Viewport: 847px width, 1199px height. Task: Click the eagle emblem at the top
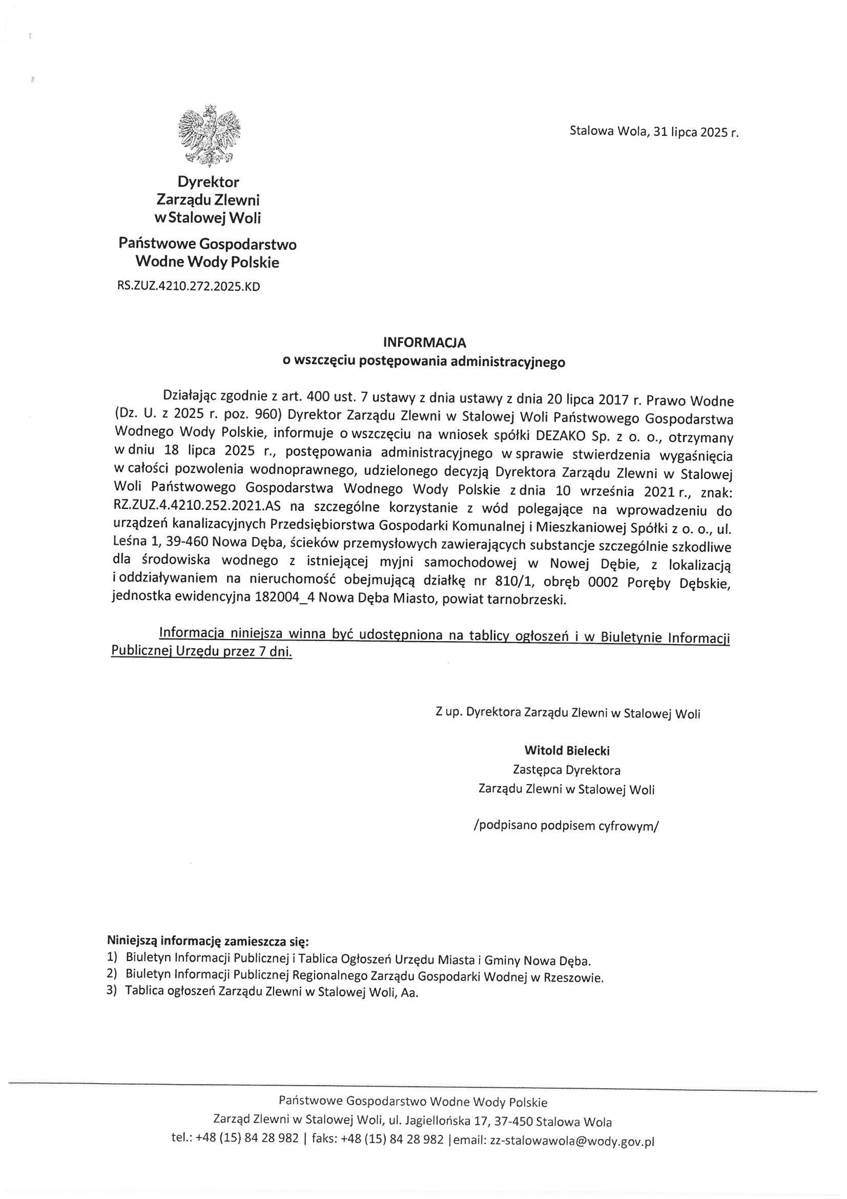coord(209,135)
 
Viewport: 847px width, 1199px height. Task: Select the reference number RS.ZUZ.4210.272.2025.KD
coord(189,286)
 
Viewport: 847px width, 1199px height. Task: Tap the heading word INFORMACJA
coord(424,343)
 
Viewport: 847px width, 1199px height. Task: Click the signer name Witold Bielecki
coord(567,751)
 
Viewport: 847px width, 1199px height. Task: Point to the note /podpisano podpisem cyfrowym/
coord(566,826)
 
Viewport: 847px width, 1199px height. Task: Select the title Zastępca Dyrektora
coord(567,770)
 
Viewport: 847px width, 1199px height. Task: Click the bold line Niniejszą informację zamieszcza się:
coord(208,942)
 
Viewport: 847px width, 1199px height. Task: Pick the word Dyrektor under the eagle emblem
coord(208,182)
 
